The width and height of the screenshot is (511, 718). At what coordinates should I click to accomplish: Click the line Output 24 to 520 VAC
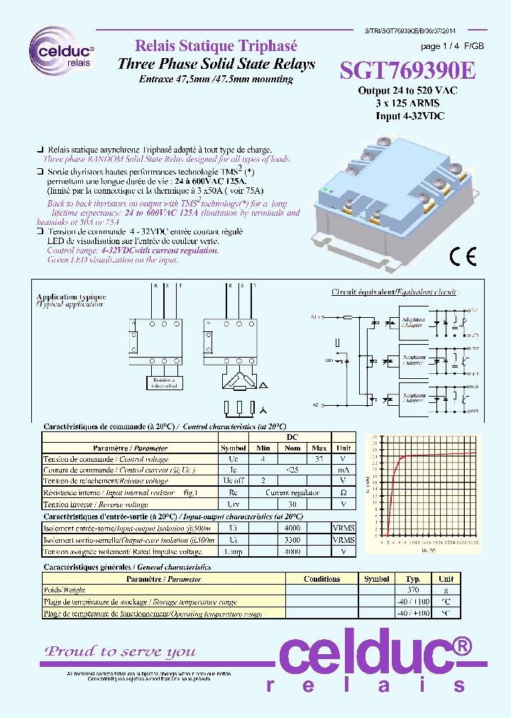click(407, 91)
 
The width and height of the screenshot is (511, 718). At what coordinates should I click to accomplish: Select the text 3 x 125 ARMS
click(408, 103)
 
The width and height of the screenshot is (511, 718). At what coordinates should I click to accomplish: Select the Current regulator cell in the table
click(287, 492)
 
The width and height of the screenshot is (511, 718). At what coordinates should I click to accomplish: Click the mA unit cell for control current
click(344, 470)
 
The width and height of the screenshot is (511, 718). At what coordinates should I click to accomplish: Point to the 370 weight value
click(413, 590)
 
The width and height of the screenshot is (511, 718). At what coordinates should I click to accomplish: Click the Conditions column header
click(322, 579)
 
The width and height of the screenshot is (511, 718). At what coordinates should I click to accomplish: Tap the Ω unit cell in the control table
click(344, 492)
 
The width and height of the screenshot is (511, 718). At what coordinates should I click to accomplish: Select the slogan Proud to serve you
click(120, 651)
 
